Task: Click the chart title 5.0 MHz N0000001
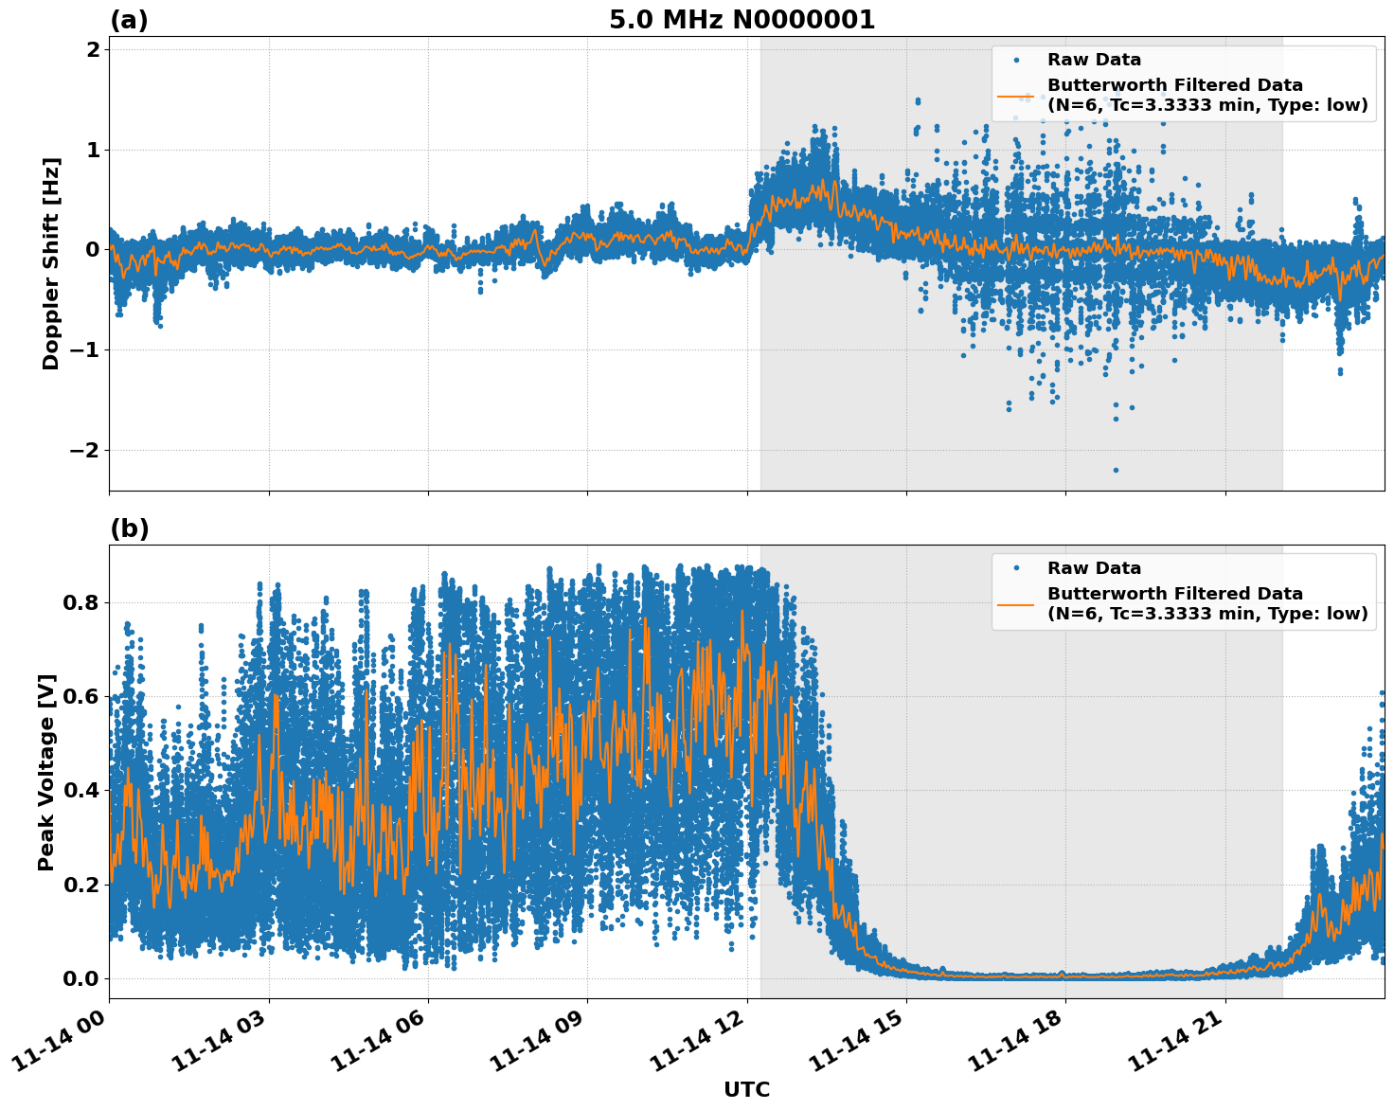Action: [742, 20]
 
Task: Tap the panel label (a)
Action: [129, 20]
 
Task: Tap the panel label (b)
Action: [129, 528]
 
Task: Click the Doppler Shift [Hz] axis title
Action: [51, 263]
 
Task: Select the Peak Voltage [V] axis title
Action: [46, 772]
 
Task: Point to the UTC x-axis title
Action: [746, 1089]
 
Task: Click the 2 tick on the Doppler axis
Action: [93, 49]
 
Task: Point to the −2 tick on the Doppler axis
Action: [85, 450]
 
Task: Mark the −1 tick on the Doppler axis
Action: [85, 349]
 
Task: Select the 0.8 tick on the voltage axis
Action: [81, 602]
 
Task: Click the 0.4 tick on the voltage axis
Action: [81, 790]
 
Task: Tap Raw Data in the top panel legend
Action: [1094, 60]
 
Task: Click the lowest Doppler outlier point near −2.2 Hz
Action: [1116, 470]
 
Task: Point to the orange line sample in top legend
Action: [1016, 96]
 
